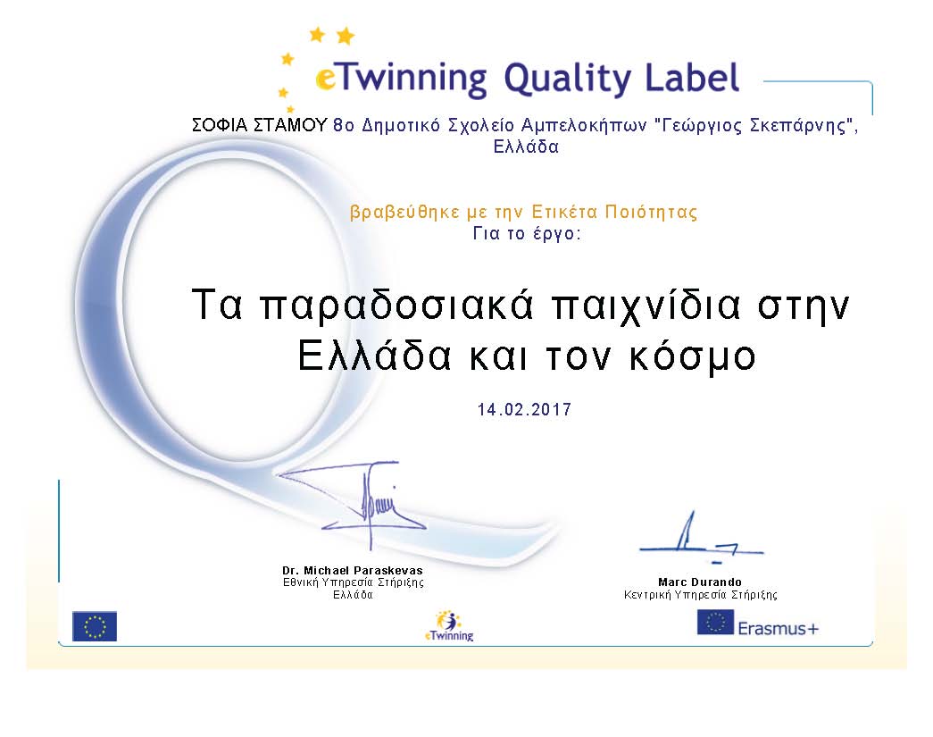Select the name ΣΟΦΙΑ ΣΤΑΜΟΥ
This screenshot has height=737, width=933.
click(260, 126)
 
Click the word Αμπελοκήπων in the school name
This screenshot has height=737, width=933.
click(583, 127)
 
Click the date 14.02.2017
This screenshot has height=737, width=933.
click(524, 409)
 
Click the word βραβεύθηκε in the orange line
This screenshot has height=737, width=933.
click(404, 213)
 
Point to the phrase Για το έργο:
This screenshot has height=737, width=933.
click(526, 234)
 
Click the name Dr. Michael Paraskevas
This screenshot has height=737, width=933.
click(353, 570)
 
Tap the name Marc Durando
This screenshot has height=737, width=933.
click(700, 582)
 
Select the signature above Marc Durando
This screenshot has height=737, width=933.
click(701, 537)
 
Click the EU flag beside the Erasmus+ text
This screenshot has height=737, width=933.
click(714, 623)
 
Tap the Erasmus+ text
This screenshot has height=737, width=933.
click(779, 629)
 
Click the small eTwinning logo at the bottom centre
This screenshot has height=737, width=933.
click(449, 626)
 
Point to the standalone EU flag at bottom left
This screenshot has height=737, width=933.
click(95, 626)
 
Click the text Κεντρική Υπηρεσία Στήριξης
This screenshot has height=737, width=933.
click(700, 595)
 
